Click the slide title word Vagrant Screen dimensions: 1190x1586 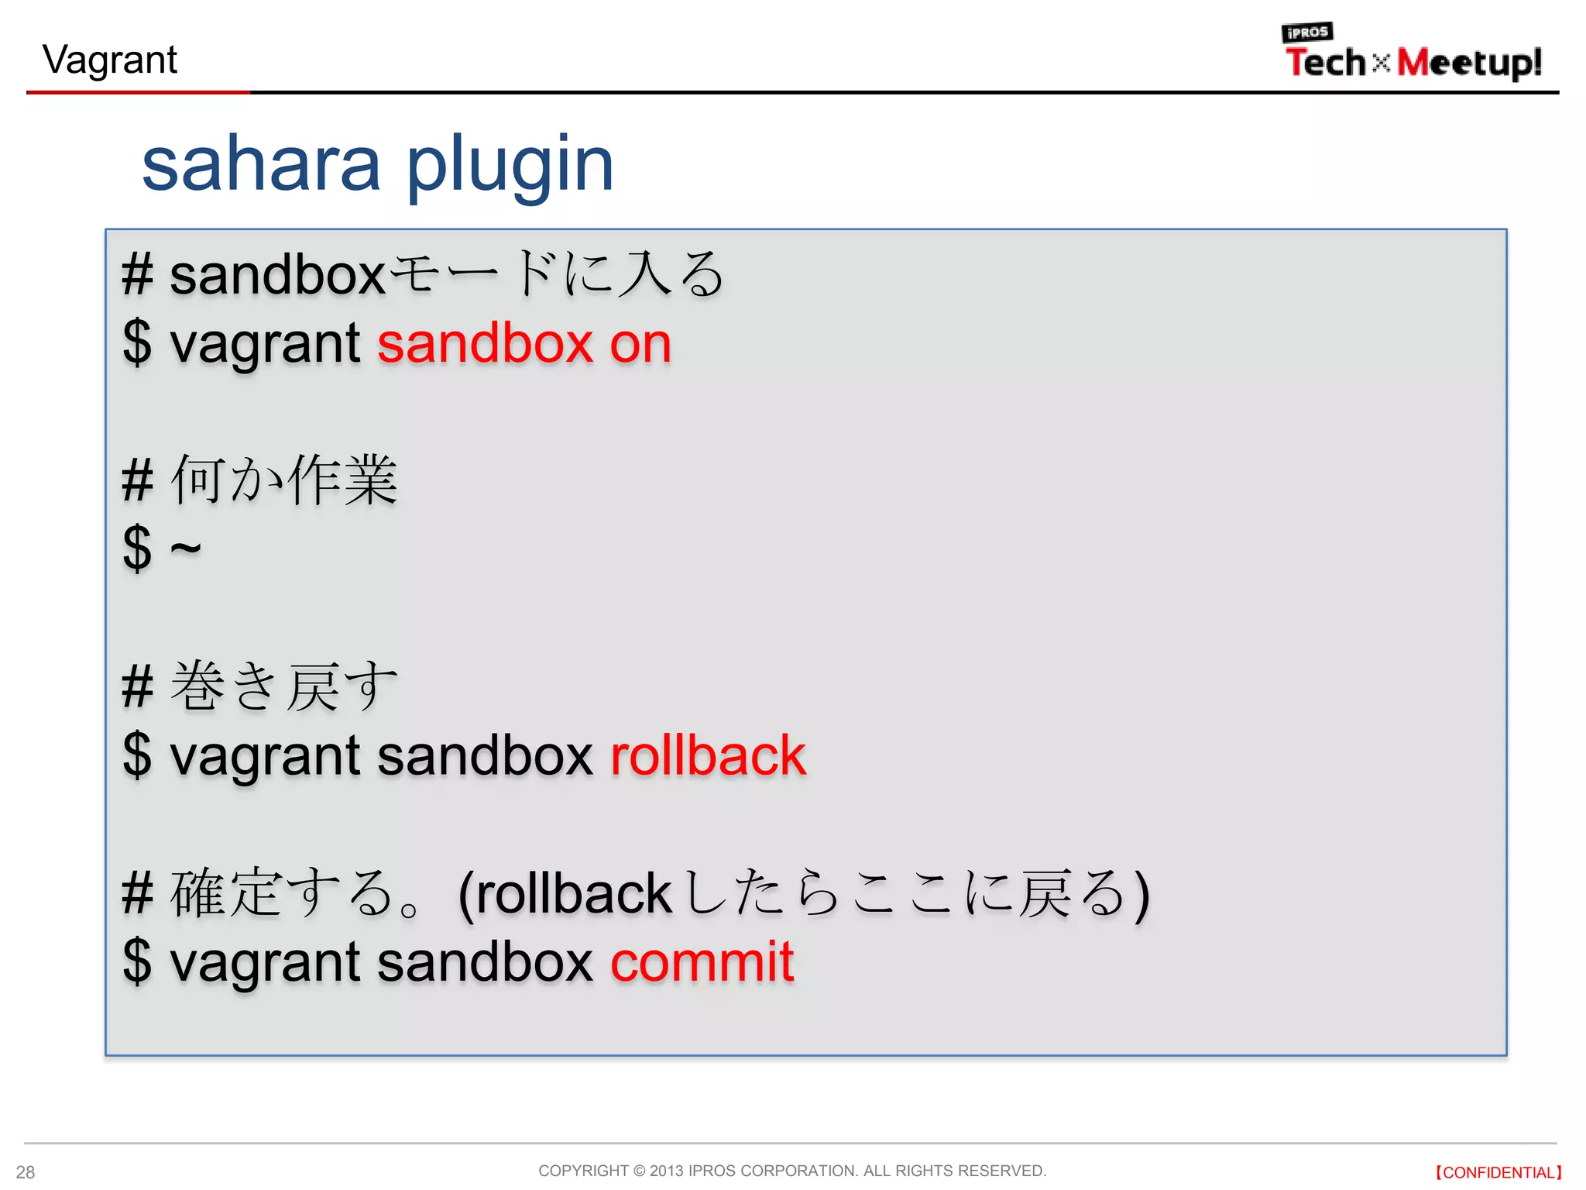point(110,60)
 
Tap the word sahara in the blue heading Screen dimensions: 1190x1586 point(261,164)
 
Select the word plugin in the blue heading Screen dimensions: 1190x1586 point(510,164)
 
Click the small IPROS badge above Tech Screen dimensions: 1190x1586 point(1306,33)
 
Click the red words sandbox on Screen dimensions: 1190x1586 point(524,344)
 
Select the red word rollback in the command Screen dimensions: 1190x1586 point(708,756)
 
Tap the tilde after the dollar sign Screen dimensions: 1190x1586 point(185,549)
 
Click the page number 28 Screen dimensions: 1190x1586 point(26,1172)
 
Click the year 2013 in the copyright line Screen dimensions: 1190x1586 point(666,1171)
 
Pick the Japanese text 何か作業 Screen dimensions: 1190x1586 point(284,480)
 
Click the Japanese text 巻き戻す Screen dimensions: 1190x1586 point(284,686)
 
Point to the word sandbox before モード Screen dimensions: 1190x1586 point(277,276)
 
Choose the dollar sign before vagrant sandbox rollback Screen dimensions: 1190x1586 point(137,756)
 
